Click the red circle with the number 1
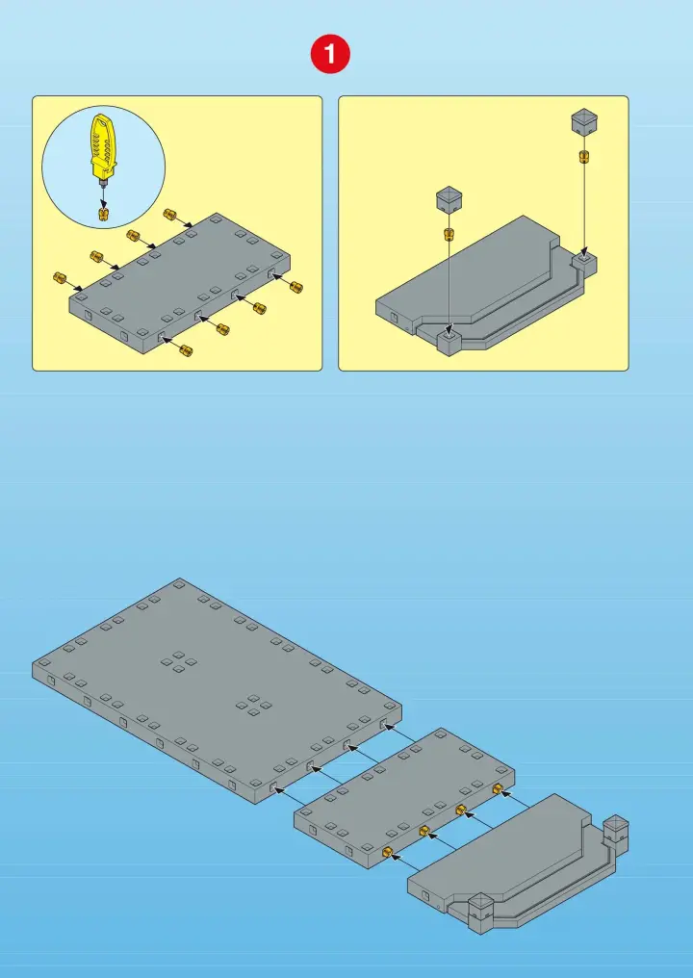click(330, 54)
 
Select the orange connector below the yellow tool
click(104, 214)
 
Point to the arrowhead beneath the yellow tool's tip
click(104, 204)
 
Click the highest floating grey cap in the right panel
click(584, 121)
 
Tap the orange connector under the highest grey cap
click(584, 155)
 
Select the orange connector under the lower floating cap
click(449, 235)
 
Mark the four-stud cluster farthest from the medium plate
click(179, 661)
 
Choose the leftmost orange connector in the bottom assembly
click(387, 851)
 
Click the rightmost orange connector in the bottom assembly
click(498, 789)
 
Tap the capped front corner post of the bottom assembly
click(481, 913)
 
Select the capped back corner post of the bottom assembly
click(616, 834)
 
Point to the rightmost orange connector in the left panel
click(296, 287)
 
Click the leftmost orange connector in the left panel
click(60, 277)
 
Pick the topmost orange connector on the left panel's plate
click(169, 215)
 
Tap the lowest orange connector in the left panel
click(186, 350)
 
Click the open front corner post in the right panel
click(449, 341)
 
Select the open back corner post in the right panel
click(584, 264)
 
